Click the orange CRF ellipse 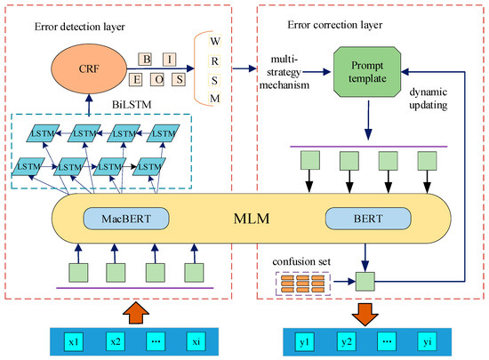[x=89, y=68]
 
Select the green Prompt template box [x=367, y=72]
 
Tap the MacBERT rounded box [x=126, y=219]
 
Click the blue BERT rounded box [x=368, y=219]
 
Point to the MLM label [x=252, y=219]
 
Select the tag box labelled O [x=159, y=79]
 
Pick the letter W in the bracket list [x=215, y=41]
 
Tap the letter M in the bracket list [x=215, y=99]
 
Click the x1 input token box [x=74, y=342]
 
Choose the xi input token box [x=196, y=342]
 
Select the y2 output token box [x=347, y=342]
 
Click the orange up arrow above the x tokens [x=136, y=312]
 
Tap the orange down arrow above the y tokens [x=365, y=314]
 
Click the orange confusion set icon [x=303, y=284]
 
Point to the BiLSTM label [x=132, y=105]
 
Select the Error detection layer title [x=79, y=27]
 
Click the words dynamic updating [x=429, y=99]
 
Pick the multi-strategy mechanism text [x=285, y=72]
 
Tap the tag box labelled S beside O [x=180, y=79]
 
